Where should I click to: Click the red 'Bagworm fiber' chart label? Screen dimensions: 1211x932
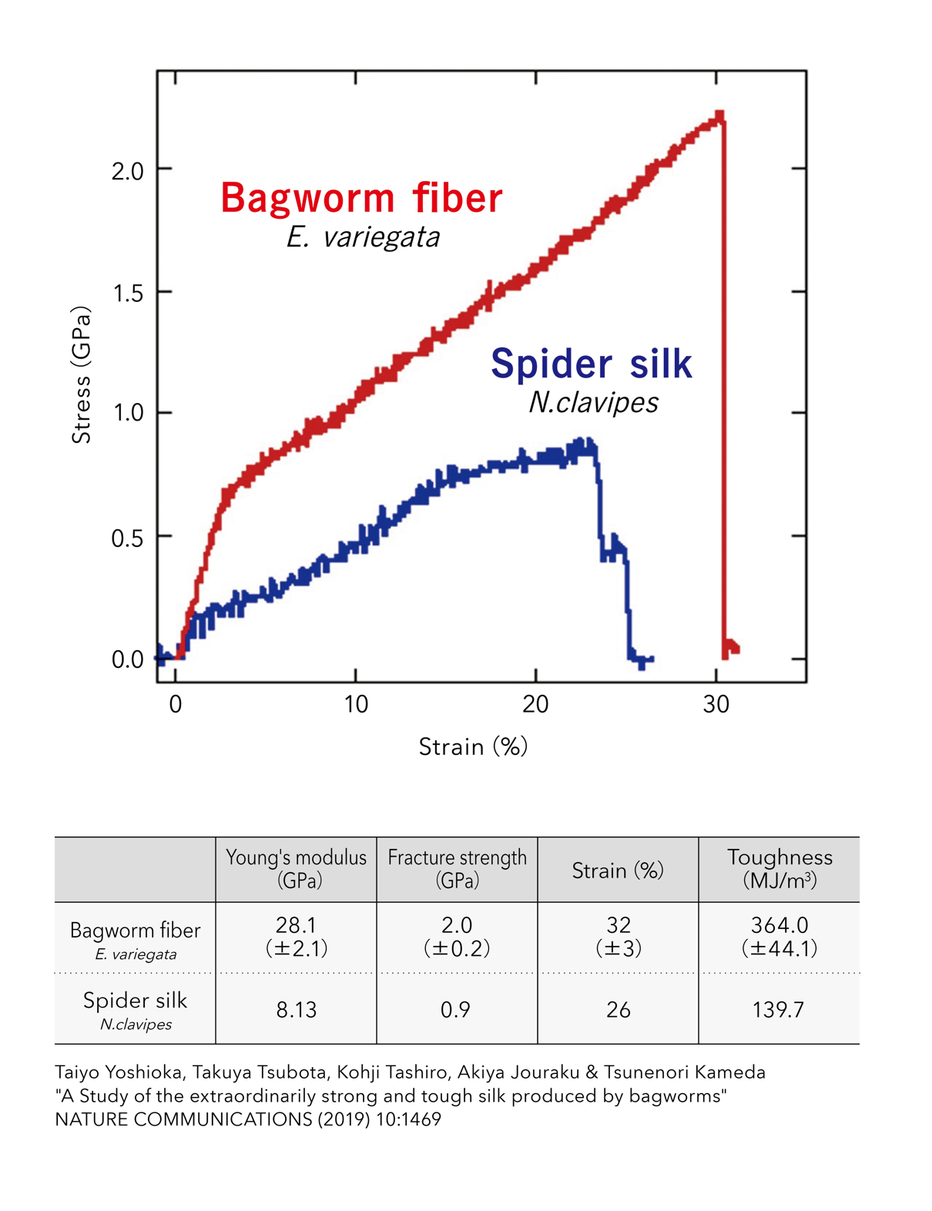[x=361, y=198]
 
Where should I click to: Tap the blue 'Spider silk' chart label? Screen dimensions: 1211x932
[x=591, y=364]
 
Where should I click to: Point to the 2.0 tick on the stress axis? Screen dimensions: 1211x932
[x=128, y=170]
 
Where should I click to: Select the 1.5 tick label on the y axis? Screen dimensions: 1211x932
[x=128, y=293]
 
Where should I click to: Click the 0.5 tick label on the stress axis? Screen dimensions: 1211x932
[x=128, y=538]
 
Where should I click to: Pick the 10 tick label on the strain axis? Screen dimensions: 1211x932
[x=356, y=705]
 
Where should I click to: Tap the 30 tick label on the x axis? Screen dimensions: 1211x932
[x=716, y=705]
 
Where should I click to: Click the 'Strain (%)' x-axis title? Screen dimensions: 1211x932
[x=473, y=746]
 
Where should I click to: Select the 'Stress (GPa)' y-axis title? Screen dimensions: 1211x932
[x=82, y=375]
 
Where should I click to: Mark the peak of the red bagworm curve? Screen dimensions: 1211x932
[x=720, y=116]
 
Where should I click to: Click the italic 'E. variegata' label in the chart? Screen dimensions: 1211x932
[x=363, y=237]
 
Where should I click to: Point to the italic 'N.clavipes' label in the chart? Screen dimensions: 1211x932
[x=593, y=402]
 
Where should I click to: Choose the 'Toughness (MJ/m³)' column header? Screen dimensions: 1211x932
[x=779, y=869]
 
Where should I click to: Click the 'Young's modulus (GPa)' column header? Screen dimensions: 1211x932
[x=297, y=869]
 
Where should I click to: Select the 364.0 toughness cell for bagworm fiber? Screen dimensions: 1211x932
[x=779, y=936]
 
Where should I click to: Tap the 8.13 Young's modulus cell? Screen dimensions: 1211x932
[x=297, y=1010]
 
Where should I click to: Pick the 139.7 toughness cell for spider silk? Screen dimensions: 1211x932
[x=779, y=1010]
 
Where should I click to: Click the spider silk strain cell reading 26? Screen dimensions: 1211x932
[x=619, y=1010]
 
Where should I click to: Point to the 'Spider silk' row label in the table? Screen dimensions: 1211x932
[x=136, y=1001]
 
